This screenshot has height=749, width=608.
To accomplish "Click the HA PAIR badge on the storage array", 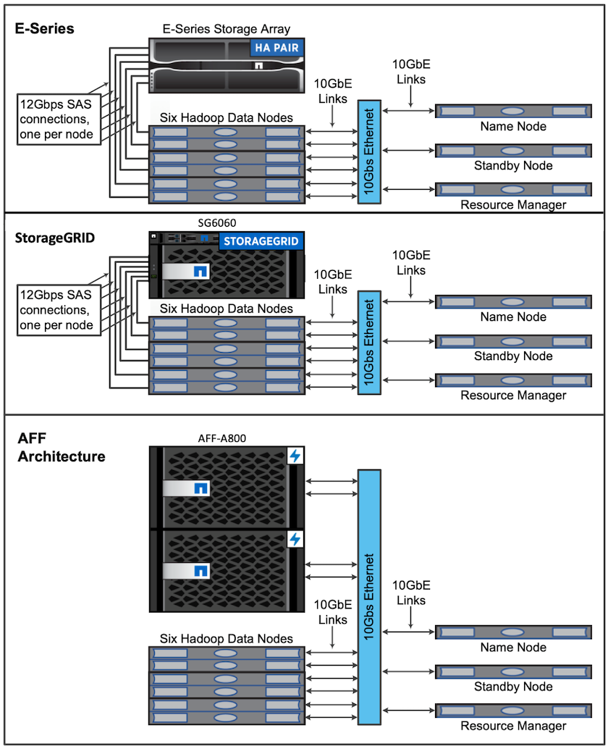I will pyautogui.click(x=276, y=49).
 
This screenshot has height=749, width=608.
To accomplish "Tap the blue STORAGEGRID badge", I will pyautogui.click(x=260, y=240).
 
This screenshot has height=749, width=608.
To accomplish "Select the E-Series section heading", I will pyautogui.click(x=45, y=29).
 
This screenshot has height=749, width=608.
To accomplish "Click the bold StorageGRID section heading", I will pyautogui.click(x=55, y=238).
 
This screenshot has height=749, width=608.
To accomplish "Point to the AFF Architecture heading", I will pyautogui.click(x=62, y=448).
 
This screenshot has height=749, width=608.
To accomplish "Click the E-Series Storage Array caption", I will pyautogui.click(x=226, y=29).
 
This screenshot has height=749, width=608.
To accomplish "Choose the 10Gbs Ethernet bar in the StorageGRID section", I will pyautogui.click(x=369, y=343).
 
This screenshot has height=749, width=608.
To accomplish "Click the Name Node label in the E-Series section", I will pyautogui.click(x=513, y=127).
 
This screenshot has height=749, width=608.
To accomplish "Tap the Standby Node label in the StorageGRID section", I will pyautogui.click(x=513, y=356).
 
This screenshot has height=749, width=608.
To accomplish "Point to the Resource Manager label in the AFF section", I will pyautogui.click(x=513, y=725).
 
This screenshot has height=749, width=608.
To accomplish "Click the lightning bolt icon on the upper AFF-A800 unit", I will pyautogui.click(x=295, y=456).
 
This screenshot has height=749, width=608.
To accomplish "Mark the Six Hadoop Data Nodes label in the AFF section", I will pyautogui.click(x=226, y=638).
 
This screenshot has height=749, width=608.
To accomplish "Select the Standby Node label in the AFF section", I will pyautogui.click(x=513, y=686).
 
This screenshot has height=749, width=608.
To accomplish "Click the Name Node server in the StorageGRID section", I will pyautogui.click(x=512, y=301).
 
